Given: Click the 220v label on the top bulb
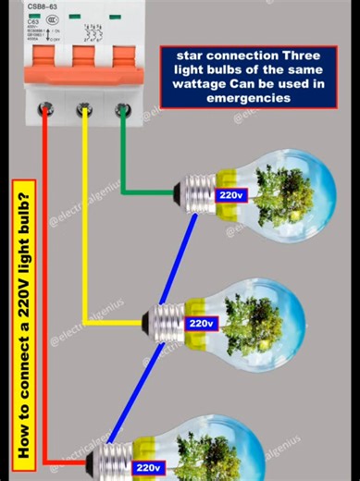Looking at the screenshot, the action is pyautogui.click(x=230, y=195).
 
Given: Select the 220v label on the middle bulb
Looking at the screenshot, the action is pyautogui.click(x=201, y=324).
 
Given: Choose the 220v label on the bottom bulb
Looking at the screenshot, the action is pyautogui.click(x=148, y=468).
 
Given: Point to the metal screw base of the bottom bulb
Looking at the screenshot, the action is pyautogui.click(x=118, y=459).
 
